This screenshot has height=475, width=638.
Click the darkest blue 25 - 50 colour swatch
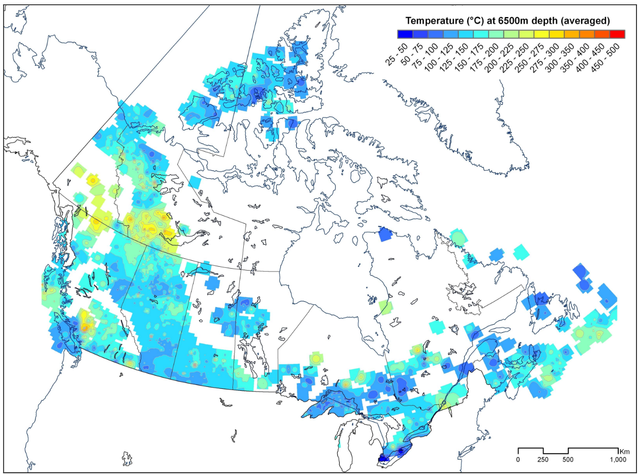pyautogui.click(x=405, y=34)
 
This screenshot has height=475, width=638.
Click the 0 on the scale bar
pyautogui.click(x=518, y=459)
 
